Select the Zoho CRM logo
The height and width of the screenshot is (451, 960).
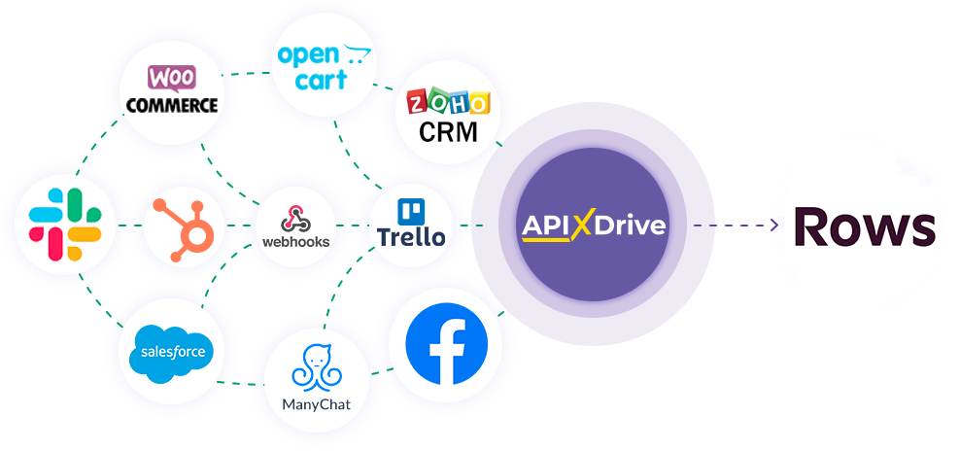click(x=448, y=116)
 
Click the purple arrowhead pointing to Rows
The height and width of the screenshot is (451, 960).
click(x=774, y=225)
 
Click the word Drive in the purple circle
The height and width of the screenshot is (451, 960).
click(x=632, y=225)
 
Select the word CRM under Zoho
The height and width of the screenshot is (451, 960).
click(x=448, y=131)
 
